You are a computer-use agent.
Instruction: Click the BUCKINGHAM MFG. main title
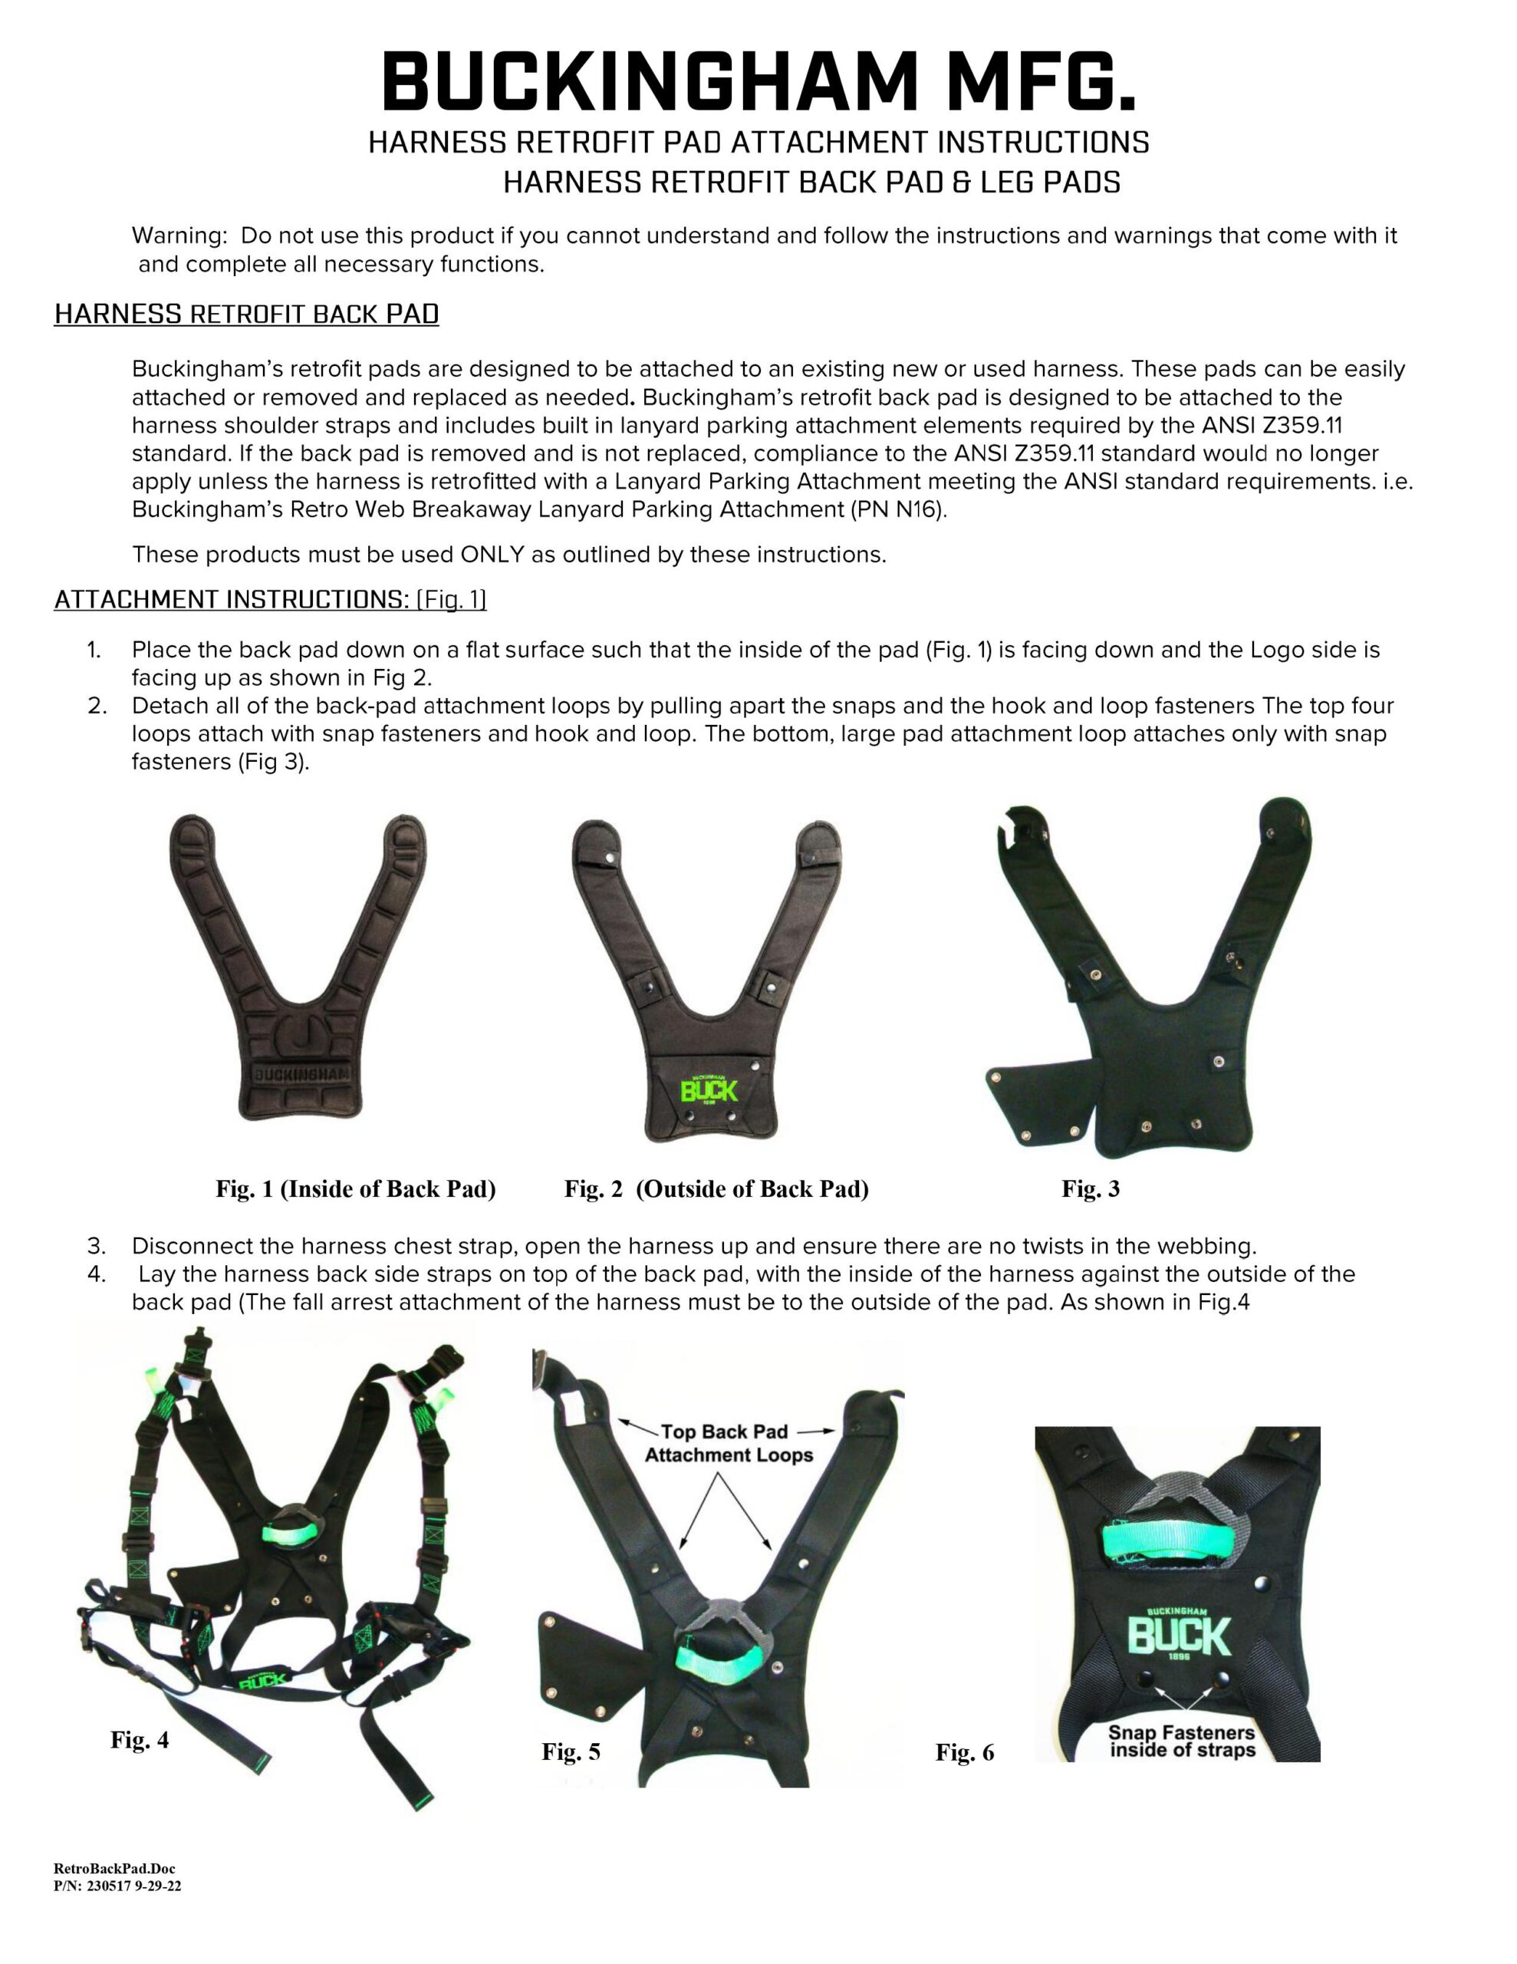758,83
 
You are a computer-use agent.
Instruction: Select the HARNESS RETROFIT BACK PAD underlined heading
246,314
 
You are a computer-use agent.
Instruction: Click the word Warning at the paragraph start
179,236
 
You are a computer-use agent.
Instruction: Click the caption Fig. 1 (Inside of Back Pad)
355,1189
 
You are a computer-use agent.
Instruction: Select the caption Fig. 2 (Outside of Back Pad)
716,1189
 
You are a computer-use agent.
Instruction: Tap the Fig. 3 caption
1090,1189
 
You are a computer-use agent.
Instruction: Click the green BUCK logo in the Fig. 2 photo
709,1091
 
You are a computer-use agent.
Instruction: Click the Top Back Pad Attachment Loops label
729,1443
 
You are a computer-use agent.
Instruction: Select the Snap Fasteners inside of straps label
1182,1741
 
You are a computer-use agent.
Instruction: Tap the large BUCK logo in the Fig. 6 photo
1178,1636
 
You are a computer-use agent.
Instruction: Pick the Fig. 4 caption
140,1739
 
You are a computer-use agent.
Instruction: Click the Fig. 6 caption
964,1751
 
